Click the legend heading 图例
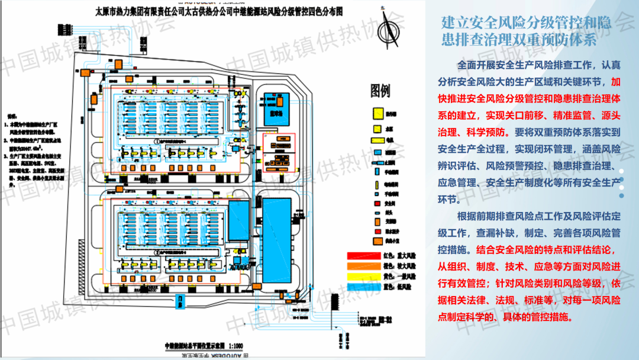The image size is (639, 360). (380, 91)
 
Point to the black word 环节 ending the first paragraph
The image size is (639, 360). (447, 200)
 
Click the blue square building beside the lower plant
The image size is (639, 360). (238, 220)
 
